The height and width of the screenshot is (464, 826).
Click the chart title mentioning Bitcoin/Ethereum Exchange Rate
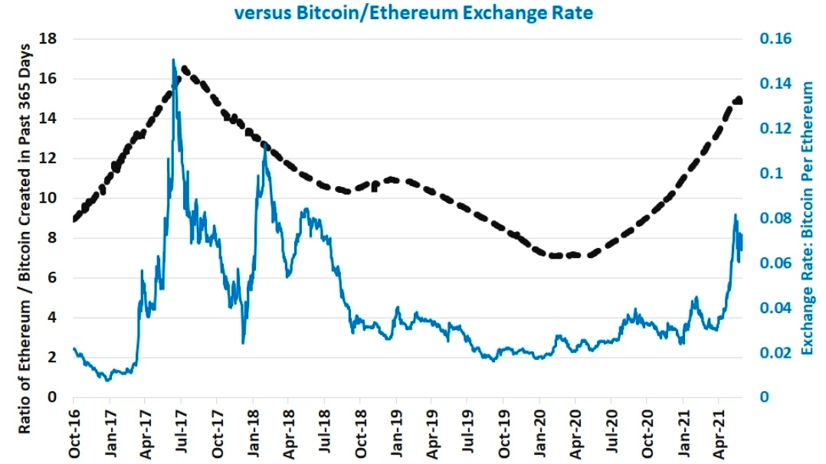(x=413, y=13)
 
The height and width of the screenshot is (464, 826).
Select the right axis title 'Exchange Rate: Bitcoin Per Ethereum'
(x=806, y=218)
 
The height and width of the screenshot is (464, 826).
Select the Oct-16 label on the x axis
(x=74, y=431)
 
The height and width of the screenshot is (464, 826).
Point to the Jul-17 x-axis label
(x=181, y=431)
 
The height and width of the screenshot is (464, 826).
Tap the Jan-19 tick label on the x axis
(x=396, y=431)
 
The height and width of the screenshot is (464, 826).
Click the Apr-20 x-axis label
(x=575, y=431)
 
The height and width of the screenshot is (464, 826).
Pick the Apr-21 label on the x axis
(x=718, y=431)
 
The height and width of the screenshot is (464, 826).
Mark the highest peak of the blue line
(x=174, y=60)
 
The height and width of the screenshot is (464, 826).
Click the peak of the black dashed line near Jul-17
(x=183, y=69)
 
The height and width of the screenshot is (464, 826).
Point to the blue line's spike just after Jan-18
(x=265, y=145)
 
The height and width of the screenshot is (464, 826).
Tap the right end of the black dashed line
(x=739, y=100)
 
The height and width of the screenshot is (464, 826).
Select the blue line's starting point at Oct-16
(x=74, y=348)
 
